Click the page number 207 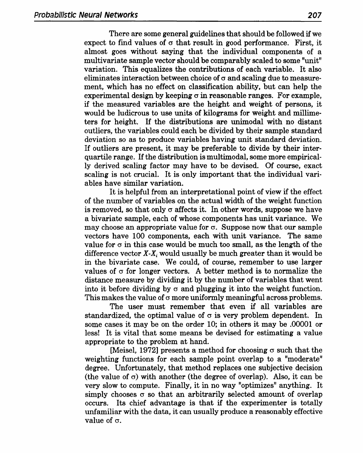point(314,15)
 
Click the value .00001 point(298,324)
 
